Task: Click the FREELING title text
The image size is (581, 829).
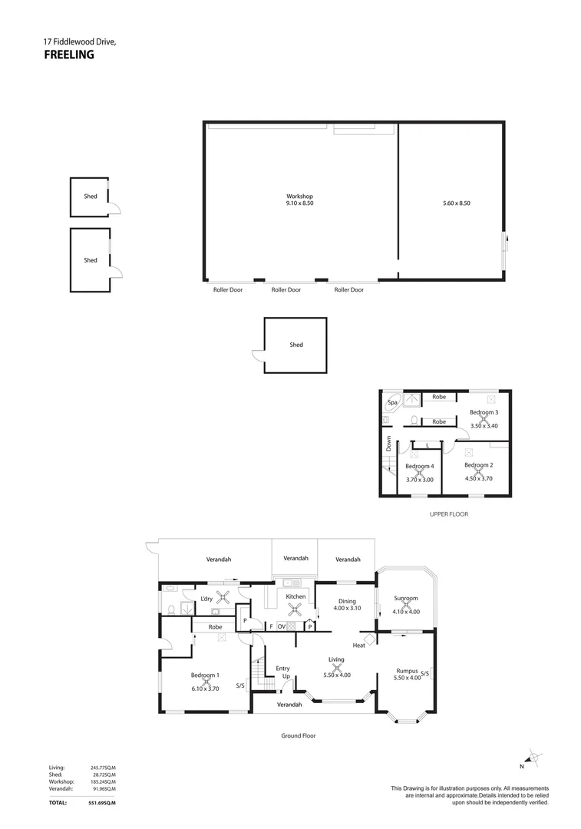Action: point(68,54)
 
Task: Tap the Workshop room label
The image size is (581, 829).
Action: point(299,197)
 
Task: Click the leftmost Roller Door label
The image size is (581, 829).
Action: point(228,290)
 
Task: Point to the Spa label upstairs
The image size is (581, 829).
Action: point(392,402)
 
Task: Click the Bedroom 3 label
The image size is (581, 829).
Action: point(484,412)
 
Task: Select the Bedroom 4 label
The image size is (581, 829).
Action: point(419,467)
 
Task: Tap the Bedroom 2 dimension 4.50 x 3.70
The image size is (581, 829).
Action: point(478,478)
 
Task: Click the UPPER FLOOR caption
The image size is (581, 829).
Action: point(449,514)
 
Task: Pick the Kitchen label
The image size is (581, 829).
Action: point(295,596)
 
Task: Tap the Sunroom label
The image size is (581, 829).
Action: point(405,598)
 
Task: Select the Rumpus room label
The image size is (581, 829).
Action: point(407,670)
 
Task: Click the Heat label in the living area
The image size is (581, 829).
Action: point(358,646)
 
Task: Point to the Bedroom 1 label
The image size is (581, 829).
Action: point(205,675)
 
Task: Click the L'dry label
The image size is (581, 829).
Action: point(206,599)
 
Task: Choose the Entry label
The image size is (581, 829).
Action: point(282,669)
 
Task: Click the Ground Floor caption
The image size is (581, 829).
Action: point(298,735)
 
